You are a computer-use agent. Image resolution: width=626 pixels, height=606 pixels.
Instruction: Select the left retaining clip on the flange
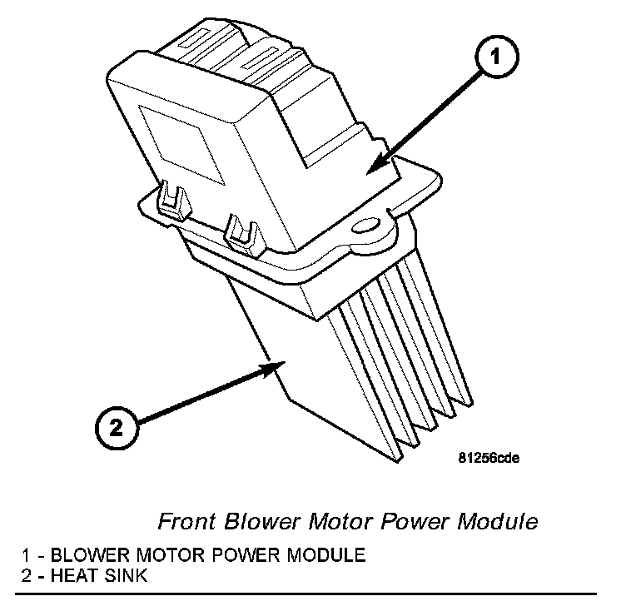pyautogui.click(x=171, y=199)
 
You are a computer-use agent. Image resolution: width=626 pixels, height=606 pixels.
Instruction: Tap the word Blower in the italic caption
pyautogui.click(x=253, y=522)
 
